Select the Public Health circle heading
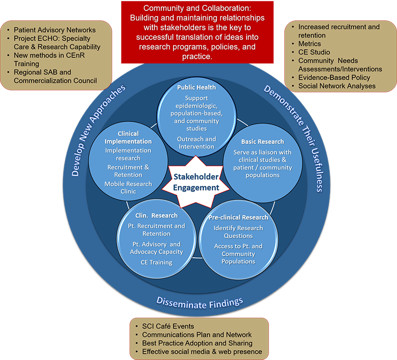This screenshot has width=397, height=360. point(197,87)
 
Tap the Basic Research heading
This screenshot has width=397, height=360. point(263,142)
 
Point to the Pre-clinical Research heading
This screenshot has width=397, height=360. point(238,217)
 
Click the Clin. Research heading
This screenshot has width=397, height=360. point(156,216)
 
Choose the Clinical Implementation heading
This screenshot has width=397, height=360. point(128,138)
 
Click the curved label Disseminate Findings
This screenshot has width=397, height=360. point(199,301)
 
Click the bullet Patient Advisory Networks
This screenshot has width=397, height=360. point(55,30)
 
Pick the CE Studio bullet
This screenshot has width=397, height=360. point(314,52)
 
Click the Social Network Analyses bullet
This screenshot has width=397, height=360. point(337,86)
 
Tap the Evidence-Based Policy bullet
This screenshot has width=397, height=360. point(334,77)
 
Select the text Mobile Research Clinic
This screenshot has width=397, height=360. point(128,188)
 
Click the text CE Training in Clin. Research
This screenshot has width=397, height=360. point(156,262)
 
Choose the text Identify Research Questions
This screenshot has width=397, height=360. point(238,232)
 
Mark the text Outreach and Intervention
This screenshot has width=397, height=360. point(197,143)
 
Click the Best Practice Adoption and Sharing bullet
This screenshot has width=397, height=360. point(197,343)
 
